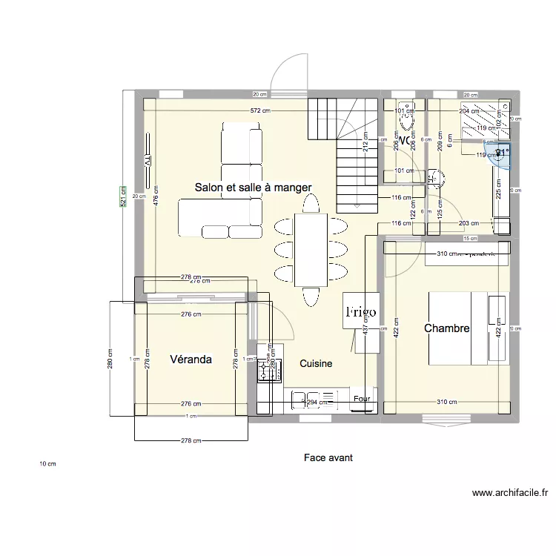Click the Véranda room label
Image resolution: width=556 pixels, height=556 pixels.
[191, 360]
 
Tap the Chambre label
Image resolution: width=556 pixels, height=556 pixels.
[446, 328]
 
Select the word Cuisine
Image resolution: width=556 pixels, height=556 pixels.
[316, 364]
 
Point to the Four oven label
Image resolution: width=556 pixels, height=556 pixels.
[362, 399]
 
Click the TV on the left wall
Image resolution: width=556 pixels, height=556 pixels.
[147, 161]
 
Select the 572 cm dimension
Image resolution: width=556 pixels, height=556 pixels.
[259, 110]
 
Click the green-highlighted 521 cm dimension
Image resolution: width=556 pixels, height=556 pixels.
[124, 198]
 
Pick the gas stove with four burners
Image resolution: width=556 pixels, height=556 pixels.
[265, 367]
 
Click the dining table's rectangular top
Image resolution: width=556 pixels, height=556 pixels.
[311, 250]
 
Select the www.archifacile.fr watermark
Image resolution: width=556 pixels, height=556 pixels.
[509, 492]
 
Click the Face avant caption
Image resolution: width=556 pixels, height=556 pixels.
[328, 458]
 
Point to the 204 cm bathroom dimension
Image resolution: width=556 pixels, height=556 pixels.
[469, 110]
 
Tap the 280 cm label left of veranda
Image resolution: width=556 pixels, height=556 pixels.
[110, 360]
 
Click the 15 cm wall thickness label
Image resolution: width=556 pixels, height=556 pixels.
[469, 239]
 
